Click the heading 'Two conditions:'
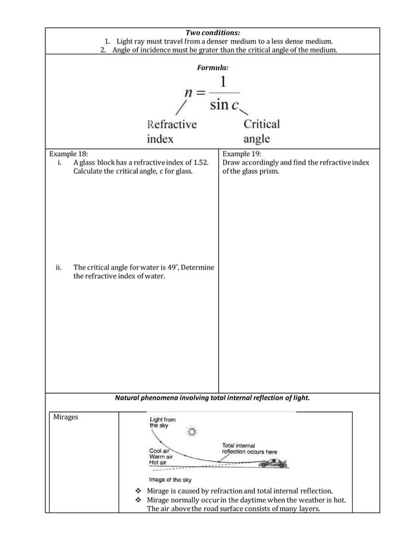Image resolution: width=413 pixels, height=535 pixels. pyautogui.click(x=212, y=32)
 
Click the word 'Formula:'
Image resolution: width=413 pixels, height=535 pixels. pyautogui.click(x=212, y=67)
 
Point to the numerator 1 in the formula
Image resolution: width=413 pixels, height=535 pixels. pyautogui.click(x=224, y=82)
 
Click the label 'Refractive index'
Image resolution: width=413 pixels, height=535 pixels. pyautogui.click(x=172, y=131)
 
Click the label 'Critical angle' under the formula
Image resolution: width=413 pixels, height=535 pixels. pyautogui.click(x=262, y=131)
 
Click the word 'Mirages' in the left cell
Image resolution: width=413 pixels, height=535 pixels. pyautogui.click(x=65, y=418)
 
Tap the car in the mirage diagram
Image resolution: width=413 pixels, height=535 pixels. pyautogui.click(x=275, y=463)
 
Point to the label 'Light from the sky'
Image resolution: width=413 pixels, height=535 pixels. pyautogui.click(x=162, y=423)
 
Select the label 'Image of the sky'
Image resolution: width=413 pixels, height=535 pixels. pyautogui.click(x=170, y=480)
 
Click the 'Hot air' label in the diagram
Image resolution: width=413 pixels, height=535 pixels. pyautogui.click(x=158, y=463)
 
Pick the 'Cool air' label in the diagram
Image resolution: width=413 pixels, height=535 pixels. pyautogui.click(x=159, y=450)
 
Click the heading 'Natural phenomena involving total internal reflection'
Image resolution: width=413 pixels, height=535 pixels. pyautogui.click(x=212, y=398)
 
